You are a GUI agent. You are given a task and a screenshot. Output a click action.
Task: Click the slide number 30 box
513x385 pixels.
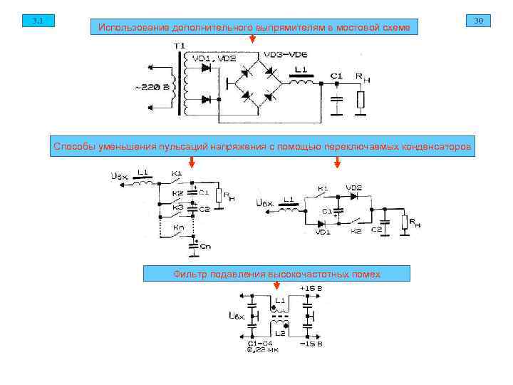477,21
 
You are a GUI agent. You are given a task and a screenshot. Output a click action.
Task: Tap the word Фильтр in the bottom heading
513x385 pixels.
191,274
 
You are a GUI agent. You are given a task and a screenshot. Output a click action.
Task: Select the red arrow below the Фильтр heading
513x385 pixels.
276,285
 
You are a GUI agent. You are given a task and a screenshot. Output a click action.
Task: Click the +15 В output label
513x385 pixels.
311,289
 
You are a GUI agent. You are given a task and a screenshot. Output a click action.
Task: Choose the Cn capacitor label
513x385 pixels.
205,246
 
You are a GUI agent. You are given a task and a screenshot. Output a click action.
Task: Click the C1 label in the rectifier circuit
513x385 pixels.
336,76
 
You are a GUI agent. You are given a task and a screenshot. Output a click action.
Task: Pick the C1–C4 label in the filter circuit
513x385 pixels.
259,343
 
